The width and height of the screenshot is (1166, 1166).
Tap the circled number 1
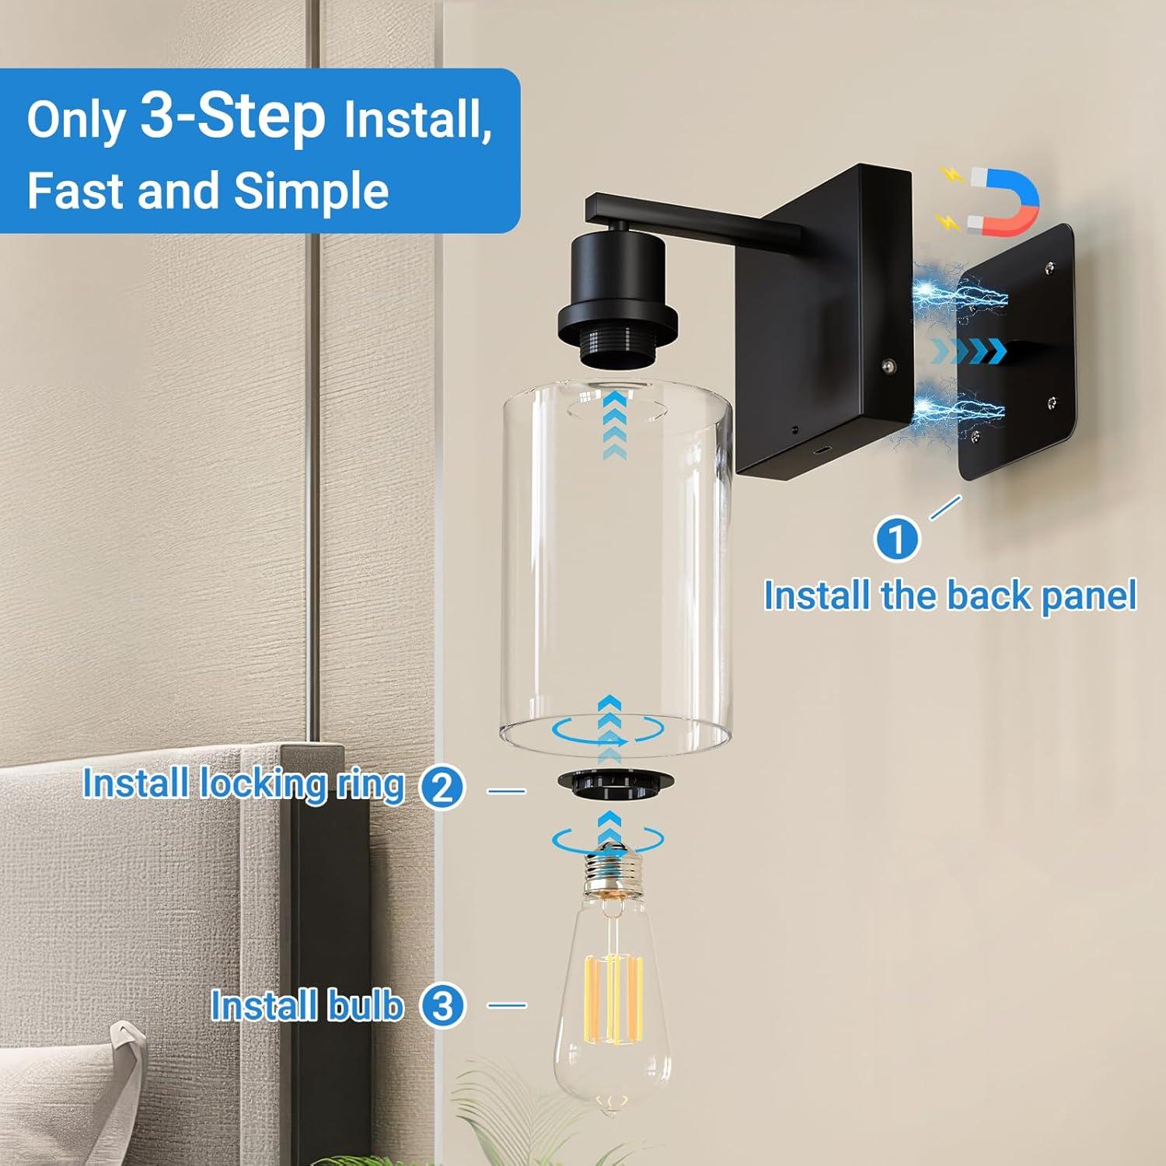coord(896,539)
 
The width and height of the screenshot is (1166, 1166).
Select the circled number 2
coord(442,788)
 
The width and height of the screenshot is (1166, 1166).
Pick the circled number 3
coord(442,1006)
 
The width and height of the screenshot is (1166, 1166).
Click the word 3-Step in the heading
coord(232,117)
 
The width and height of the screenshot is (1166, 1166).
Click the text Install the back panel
coord(949,596)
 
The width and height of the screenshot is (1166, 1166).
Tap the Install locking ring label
coord(243,784)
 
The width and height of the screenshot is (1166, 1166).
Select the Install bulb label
coord(307,1006)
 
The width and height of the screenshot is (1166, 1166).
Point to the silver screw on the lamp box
coord(887,363)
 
